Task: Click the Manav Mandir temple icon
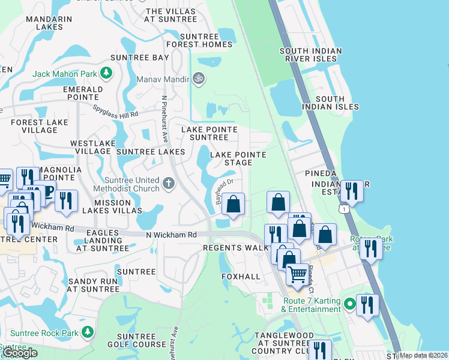198,78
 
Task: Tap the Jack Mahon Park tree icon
106,73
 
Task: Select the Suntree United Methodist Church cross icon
169,182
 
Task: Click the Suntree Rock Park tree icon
88,332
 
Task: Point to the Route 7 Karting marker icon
351,305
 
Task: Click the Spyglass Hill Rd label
116,111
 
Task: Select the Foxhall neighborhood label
241,277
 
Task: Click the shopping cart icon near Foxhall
297,275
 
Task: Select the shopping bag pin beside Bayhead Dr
234,203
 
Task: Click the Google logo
20,353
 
